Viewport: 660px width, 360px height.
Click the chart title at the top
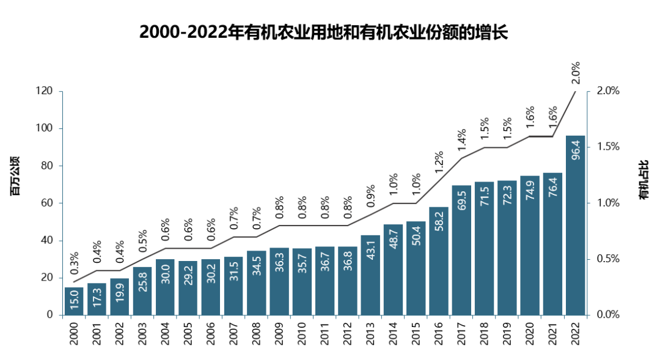pos(323,32)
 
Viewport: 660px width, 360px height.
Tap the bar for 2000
pos(74,301)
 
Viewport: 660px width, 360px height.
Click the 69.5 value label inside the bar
pos(461,202)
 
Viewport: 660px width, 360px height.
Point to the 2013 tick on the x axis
pos(370,332)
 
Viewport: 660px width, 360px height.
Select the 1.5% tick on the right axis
pos(608,147)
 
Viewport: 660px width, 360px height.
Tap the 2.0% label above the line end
pos(574,73)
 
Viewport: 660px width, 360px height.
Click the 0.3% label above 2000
pos(74,263)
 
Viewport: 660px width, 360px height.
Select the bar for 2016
pos(439,261)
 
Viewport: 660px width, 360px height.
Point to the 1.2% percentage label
pos(439,163)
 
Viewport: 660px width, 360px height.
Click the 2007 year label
pos(233,332)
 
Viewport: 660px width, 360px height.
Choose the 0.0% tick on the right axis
pos(608,315)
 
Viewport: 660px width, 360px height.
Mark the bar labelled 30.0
pos(165,287)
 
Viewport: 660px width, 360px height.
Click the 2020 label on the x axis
pos(530,332)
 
